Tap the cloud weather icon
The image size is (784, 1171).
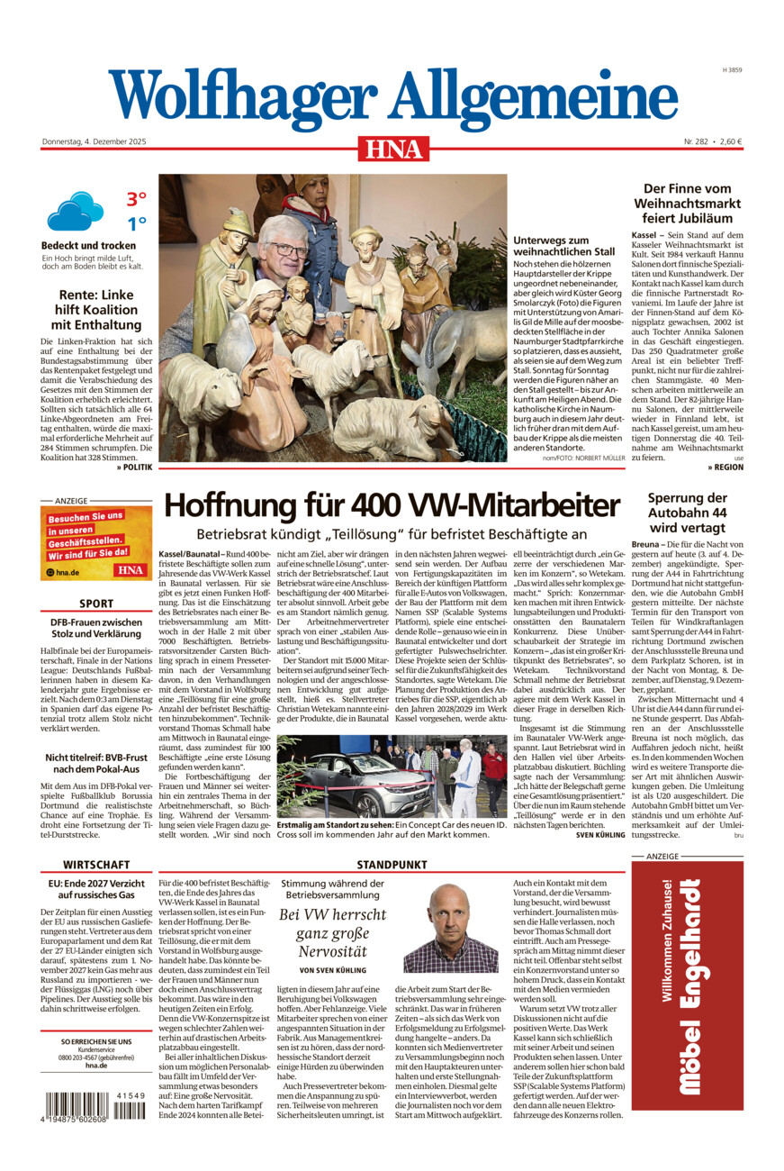point(76,212)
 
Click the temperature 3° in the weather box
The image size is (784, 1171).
point(136,199)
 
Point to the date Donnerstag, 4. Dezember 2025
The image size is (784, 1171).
point(94,141)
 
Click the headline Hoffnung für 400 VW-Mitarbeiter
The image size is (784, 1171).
point(392,505)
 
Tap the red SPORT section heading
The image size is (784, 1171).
point(96,604)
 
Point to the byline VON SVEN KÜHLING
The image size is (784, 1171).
point(332,969)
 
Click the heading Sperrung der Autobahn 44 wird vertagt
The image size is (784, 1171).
point(686,513)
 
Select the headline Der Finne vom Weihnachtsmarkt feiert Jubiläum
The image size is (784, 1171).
point(686,204)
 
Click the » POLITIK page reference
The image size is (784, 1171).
point(134,467)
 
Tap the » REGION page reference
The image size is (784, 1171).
point(725,467)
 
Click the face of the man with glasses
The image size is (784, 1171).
point(282,250)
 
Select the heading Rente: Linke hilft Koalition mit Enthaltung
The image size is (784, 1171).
point(96,310)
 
